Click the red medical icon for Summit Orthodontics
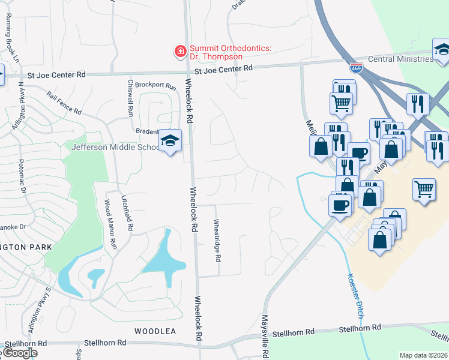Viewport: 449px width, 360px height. [179, 52]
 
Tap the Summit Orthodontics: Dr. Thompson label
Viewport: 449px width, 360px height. [216, 52]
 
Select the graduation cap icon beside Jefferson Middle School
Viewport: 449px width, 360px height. [169, 141]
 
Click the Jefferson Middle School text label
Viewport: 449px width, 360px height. [115, 147]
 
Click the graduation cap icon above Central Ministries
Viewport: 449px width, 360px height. [442, 49]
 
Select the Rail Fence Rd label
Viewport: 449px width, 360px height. [64, 102]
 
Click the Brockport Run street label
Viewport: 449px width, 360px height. [155, 86]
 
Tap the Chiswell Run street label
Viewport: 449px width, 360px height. [130, 98]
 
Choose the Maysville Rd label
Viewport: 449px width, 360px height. [264, 335]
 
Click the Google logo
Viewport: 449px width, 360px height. [19, 353]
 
